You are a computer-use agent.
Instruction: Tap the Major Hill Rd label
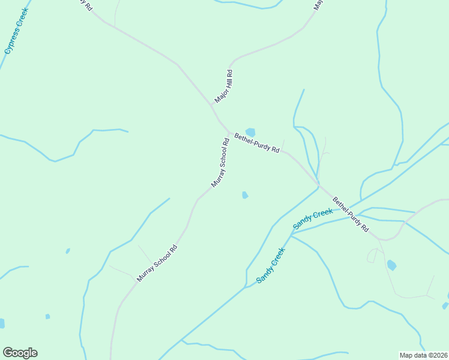pyautogui.click(x=223, y=86)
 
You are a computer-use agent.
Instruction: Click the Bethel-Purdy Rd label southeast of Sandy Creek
pyautogui.click(x=351, y=215)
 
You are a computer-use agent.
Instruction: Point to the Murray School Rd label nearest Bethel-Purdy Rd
pyautogui.click(x=220, y=162)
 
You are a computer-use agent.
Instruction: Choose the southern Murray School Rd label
pyautogui.click(x=157, y=263)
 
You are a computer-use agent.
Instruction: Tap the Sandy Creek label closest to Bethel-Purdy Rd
pyautogui.click(x=313, y=218)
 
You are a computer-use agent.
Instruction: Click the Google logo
pyautogui.click(x=20, y=353)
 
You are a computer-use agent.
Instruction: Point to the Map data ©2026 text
pyautogui.click(x=423, y=355)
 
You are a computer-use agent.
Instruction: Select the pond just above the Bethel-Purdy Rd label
pyautogui.click(x=250, y=132)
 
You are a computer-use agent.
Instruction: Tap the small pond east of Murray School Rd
pyautogui.click(x=245, y=194)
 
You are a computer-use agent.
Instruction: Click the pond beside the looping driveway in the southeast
pyautogui.click(x=391, y=265)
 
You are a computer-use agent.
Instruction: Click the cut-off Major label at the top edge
pyautogui.click(x=318, y=5)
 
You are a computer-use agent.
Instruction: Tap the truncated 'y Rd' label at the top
pyautogui.click(x=85, y=4)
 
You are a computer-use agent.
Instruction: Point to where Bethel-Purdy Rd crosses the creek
pyautogui.click(x=318, y=182)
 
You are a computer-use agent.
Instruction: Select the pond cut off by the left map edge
pyautogui.click(x=2, y=323)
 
